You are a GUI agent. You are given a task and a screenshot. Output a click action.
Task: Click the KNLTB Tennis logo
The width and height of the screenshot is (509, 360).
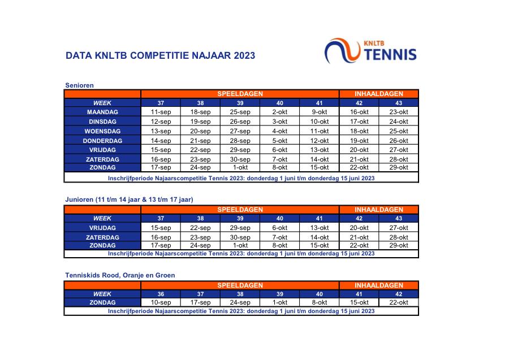pyautogui.click(x=370, y=51)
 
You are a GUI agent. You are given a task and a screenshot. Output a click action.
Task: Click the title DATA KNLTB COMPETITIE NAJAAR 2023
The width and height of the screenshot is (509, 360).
pyautogui.click(x=160, y=56)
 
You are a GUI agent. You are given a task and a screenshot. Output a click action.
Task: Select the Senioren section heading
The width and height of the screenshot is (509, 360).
pyautogui.click(x=80, y=85)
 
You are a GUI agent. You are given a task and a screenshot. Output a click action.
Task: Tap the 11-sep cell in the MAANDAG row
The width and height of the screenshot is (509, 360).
pyautogui.click(x=161, y=112)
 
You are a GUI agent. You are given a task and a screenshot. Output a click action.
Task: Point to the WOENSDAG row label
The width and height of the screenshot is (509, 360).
pyautogui.click(x=102, y=131)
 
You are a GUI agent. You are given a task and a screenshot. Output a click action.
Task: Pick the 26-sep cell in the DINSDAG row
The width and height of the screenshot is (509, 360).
pyautogui.click(x=240, y=122)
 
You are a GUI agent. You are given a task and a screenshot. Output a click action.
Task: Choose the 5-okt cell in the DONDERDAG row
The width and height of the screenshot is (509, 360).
pyautogui.click(x=279, y=140)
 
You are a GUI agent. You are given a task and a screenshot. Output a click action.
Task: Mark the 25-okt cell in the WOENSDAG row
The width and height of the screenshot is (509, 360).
pyautogui.click(x=399, y=131)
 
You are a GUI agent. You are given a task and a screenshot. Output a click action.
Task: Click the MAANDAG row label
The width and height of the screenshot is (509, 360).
pyautogui.click(x=102, y=112)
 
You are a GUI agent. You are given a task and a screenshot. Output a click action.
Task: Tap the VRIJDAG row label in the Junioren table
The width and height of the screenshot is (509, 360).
pyautogui.click(x=102, y=227)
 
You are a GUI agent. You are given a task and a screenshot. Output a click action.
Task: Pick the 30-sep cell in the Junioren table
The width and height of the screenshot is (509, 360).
pyautogui.click(x=240, y=237)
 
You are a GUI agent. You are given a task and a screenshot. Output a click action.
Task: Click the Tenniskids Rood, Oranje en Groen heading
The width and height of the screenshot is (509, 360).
pyautogui.click(x=120, y=275)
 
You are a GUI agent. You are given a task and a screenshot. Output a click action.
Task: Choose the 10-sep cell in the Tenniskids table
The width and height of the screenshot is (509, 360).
pyautogui.click(x=161, y=302)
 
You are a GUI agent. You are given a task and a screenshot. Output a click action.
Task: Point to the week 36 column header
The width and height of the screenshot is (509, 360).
pyautogui.click(x=161, y=294)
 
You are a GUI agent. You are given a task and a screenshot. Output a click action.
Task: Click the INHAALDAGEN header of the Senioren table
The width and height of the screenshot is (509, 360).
pyautogui.click(x=378, y=94)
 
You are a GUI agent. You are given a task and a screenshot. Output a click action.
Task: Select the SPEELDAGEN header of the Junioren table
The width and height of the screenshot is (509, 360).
pyautogui.click(x=240, y=210)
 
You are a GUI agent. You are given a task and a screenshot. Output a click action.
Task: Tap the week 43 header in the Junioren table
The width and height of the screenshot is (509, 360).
pyautogui.click(x=399, y=218)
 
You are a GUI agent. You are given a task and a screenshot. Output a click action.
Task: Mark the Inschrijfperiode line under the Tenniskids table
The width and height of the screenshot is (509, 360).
pyautogui.click(x=241, y=311)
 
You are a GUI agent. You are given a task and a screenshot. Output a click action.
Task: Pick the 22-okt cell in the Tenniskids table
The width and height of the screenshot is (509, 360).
pyautogui.click(x=399, y=302)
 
